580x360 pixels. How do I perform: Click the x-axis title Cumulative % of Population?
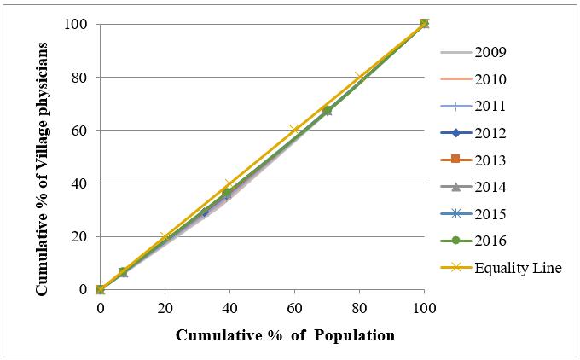285,335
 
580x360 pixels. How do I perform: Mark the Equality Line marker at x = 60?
294,130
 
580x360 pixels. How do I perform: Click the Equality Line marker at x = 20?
165,236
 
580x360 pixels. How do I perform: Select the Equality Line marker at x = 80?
359,77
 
